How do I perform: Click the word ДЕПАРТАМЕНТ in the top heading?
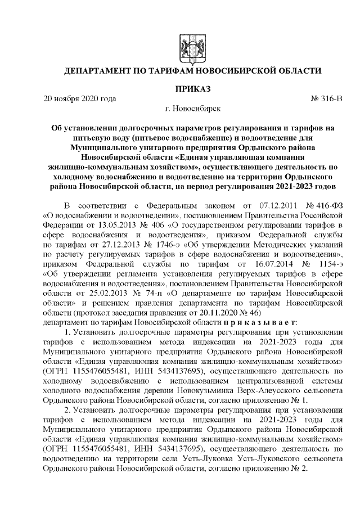97,71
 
